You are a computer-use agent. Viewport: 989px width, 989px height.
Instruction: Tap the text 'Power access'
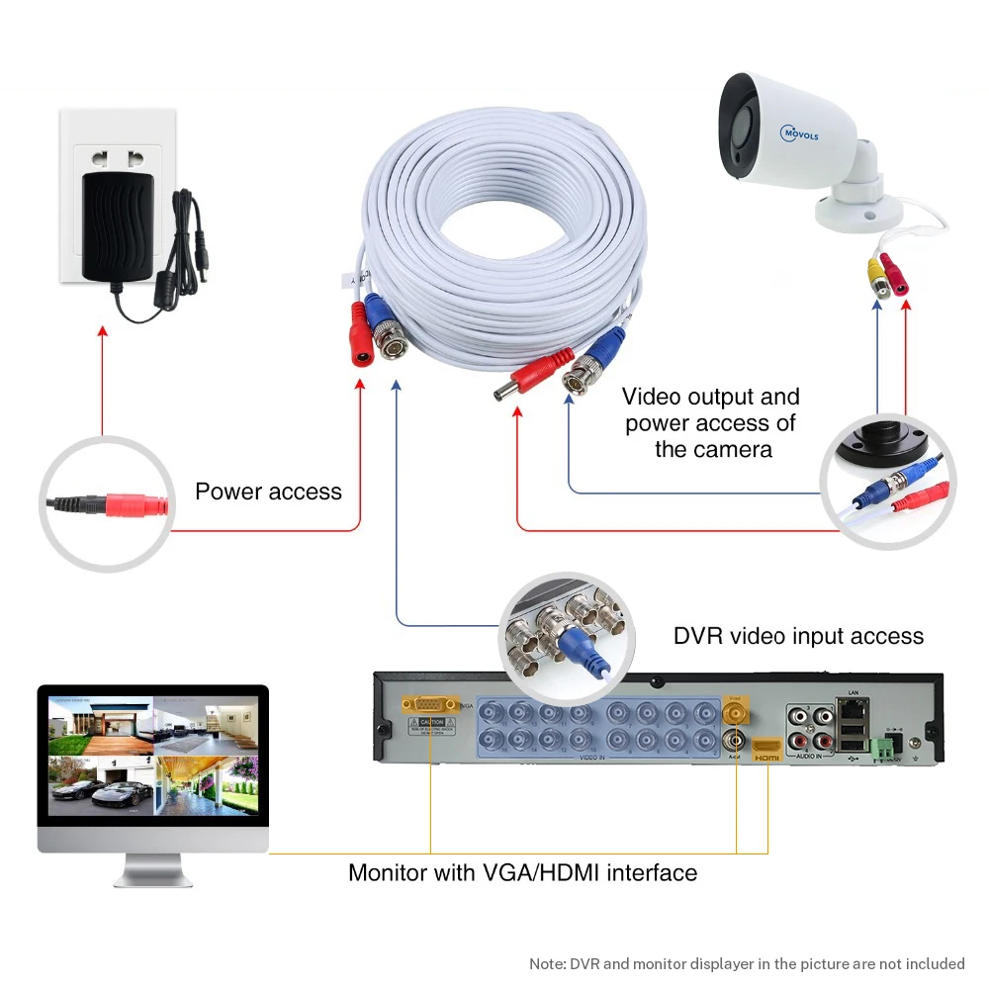(x=268, y=492)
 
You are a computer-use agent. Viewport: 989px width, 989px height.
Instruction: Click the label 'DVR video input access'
(x=798, y=636)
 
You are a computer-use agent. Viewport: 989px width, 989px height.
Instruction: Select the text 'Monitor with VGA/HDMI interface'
(x=522, y=872)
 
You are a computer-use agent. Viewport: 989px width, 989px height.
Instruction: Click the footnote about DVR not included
(x=747, y=963)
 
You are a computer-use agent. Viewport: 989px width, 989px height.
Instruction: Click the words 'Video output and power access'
(x=711, y=409)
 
